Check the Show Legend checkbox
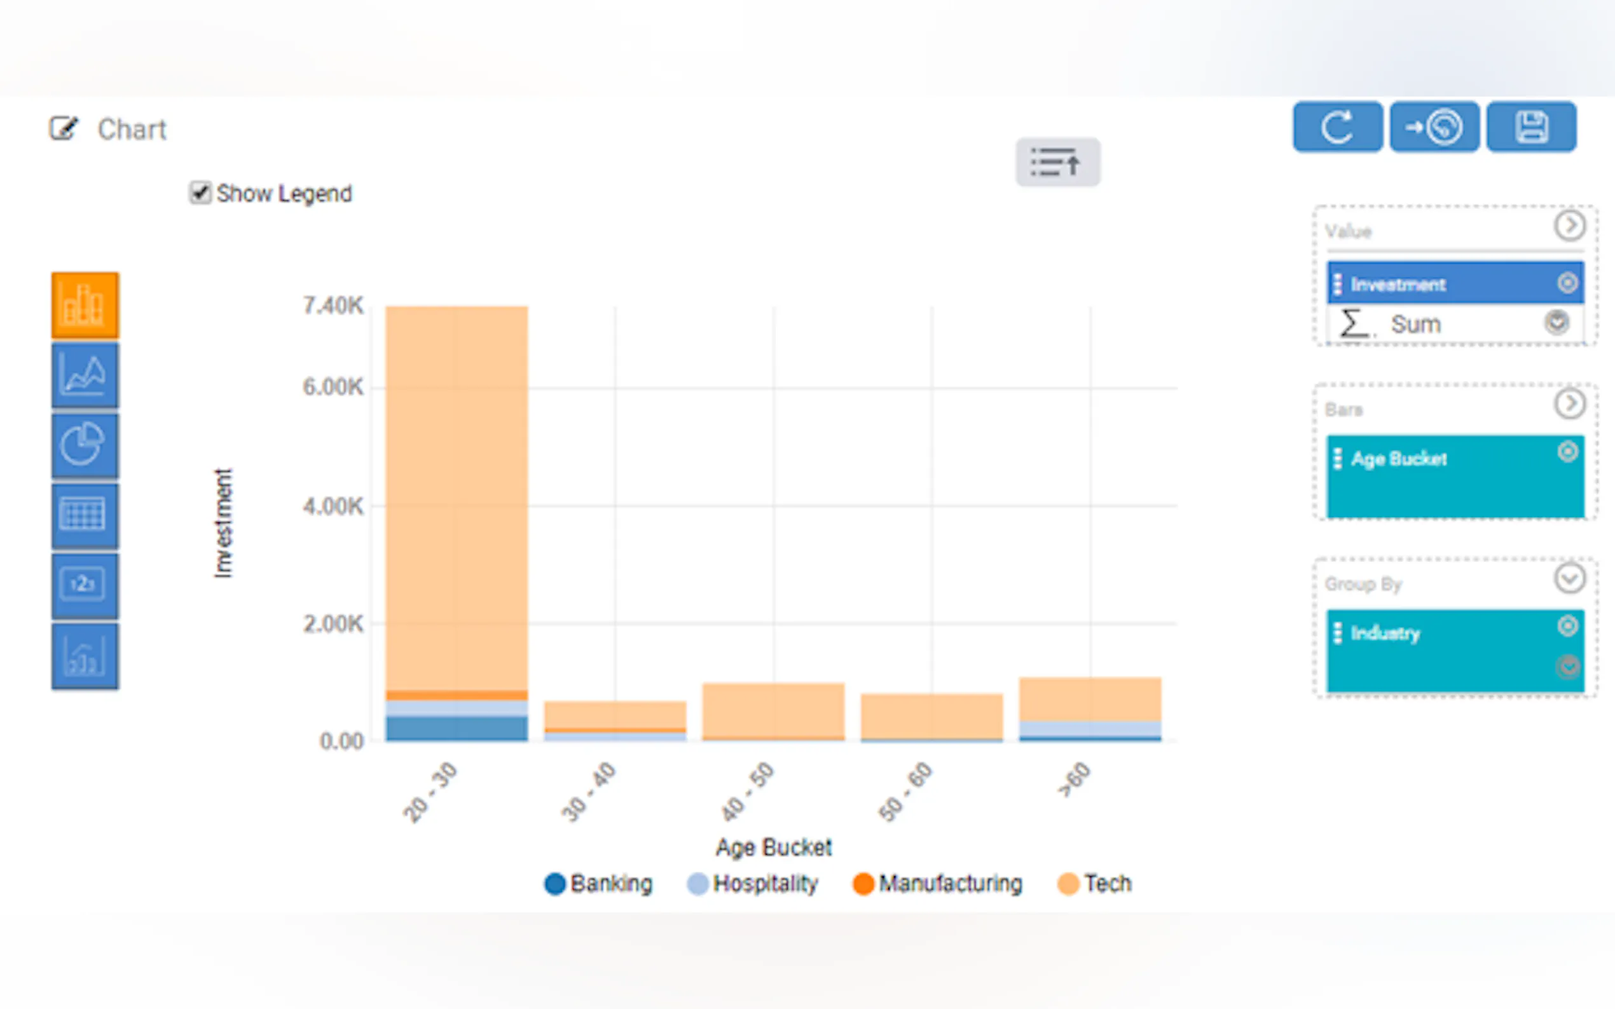point(200,193)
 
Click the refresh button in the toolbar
point(1337,127)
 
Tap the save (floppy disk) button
point(1531,127)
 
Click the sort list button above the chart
point(1057,162)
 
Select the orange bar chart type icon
point(85,305)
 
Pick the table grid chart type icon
point(85,515)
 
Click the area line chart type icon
point(85,375)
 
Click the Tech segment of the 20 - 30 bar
point(457,494)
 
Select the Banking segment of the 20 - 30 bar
point(457,728)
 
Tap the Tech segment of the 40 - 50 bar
point(773,709)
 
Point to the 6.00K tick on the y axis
point(333,387)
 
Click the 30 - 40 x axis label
point(589,792)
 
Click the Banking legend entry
point(598,884)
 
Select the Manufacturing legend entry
point(937,884)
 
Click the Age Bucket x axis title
point(773,848)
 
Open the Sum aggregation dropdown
point(1557,323)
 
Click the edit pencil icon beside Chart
point(64,128)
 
